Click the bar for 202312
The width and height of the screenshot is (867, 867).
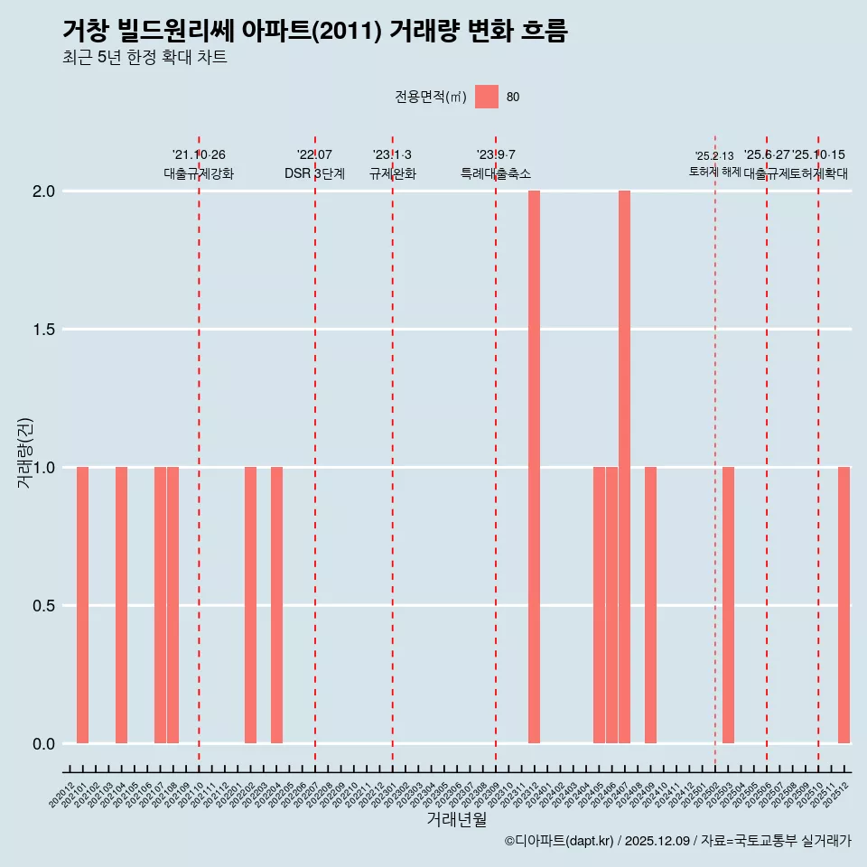[x=534, y=467]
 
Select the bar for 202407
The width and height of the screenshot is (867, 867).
[x=624, y=467]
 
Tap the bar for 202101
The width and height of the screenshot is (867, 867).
[x=82, y=605]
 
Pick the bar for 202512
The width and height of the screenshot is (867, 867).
[x=844, y=605]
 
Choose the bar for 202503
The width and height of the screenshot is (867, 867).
[x=728, y=605]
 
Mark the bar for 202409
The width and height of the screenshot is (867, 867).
[x=650, y=605]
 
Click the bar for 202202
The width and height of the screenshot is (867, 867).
[x=250, y=605]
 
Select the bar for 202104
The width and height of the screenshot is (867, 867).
[x=121, y=605]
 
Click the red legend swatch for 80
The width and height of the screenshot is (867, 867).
[x=487, y=97]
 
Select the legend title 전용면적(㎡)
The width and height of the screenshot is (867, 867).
[x=430, y=97]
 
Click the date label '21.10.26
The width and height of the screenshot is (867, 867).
[x=199, y=155]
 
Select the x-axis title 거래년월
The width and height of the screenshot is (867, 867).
[x=456, y=820]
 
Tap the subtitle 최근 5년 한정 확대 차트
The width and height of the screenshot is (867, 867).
[x=144, y=58]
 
